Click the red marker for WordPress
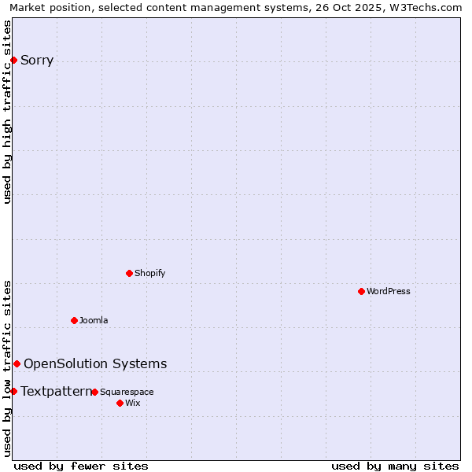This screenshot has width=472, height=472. pyautogui.click(x=361, y=291)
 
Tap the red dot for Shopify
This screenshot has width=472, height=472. pyautogui.click(x=129, y=273)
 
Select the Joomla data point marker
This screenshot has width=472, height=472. pyautogui.click(x=74, y=320)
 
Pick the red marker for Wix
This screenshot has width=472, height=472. pyautogui.click(x=120, y=403)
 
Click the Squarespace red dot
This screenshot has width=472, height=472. pyautogui.click(x=94, y=392)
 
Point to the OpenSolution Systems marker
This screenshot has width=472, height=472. pyautogui.click(x=17, y=363)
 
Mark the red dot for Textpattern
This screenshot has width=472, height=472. pyautogui.click(x=13, y=391)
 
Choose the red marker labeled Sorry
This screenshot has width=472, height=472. pyautogui.click(x=13, y=60)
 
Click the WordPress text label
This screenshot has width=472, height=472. pyautogui.click(x=389, y=291)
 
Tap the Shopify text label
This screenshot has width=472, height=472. pyautogui.click(x=149, y=273)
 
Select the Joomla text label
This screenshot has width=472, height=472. pyautogui.click(x=94, y=320)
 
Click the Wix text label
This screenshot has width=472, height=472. pyautogui.click(x=132, y=403)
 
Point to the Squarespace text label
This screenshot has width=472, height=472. pyautogui.click(x=127, y=392)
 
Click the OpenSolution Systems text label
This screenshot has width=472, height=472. pyautogui.click(x=95, y=363)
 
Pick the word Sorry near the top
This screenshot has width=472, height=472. pyautogui.click(x=37, y=61)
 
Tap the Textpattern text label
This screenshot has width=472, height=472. pyautogui.click(x=56, y=391)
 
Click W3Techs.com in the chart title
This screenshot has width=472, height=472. pyautogui.click(x=428, y=8)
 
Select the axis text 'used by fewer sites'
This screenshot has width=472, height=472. pyautogui.click(x=81, y=466)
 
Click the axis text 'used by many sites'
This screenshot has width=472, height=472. pyautogui.click(x=395, y=466)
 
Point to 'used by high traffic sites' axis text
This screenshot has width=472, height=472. pyautogui.click(x=8, y=112)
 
